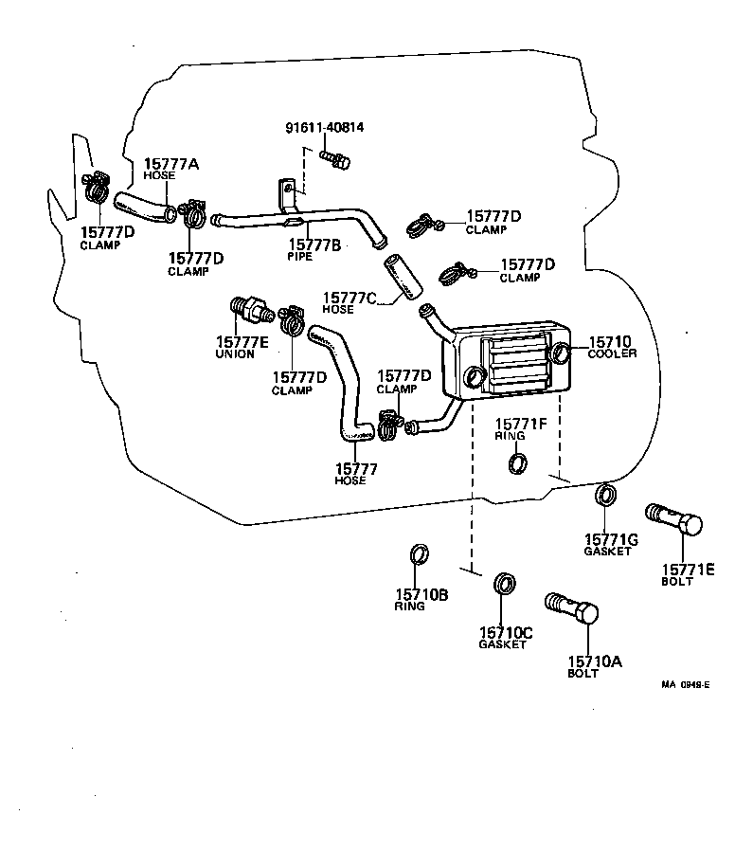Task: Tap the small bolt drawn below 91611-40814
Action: pos(334,159)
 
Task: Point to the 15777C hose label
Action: pos(350,298)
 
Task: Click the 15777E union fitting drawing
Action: pos(248,310)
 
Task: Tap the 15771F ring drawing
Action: pos(518,462)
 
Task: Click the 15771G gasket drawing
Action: pos(604,496)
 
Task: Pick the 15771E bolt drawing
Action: pos(673,520)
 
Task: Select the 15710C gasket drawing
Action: pos(506,582)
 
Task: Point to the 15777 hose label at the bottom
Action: pos(356,468)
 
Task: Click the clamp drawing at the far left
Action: pos(96,190)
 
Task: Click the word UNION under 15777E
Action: pos(235,354)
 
